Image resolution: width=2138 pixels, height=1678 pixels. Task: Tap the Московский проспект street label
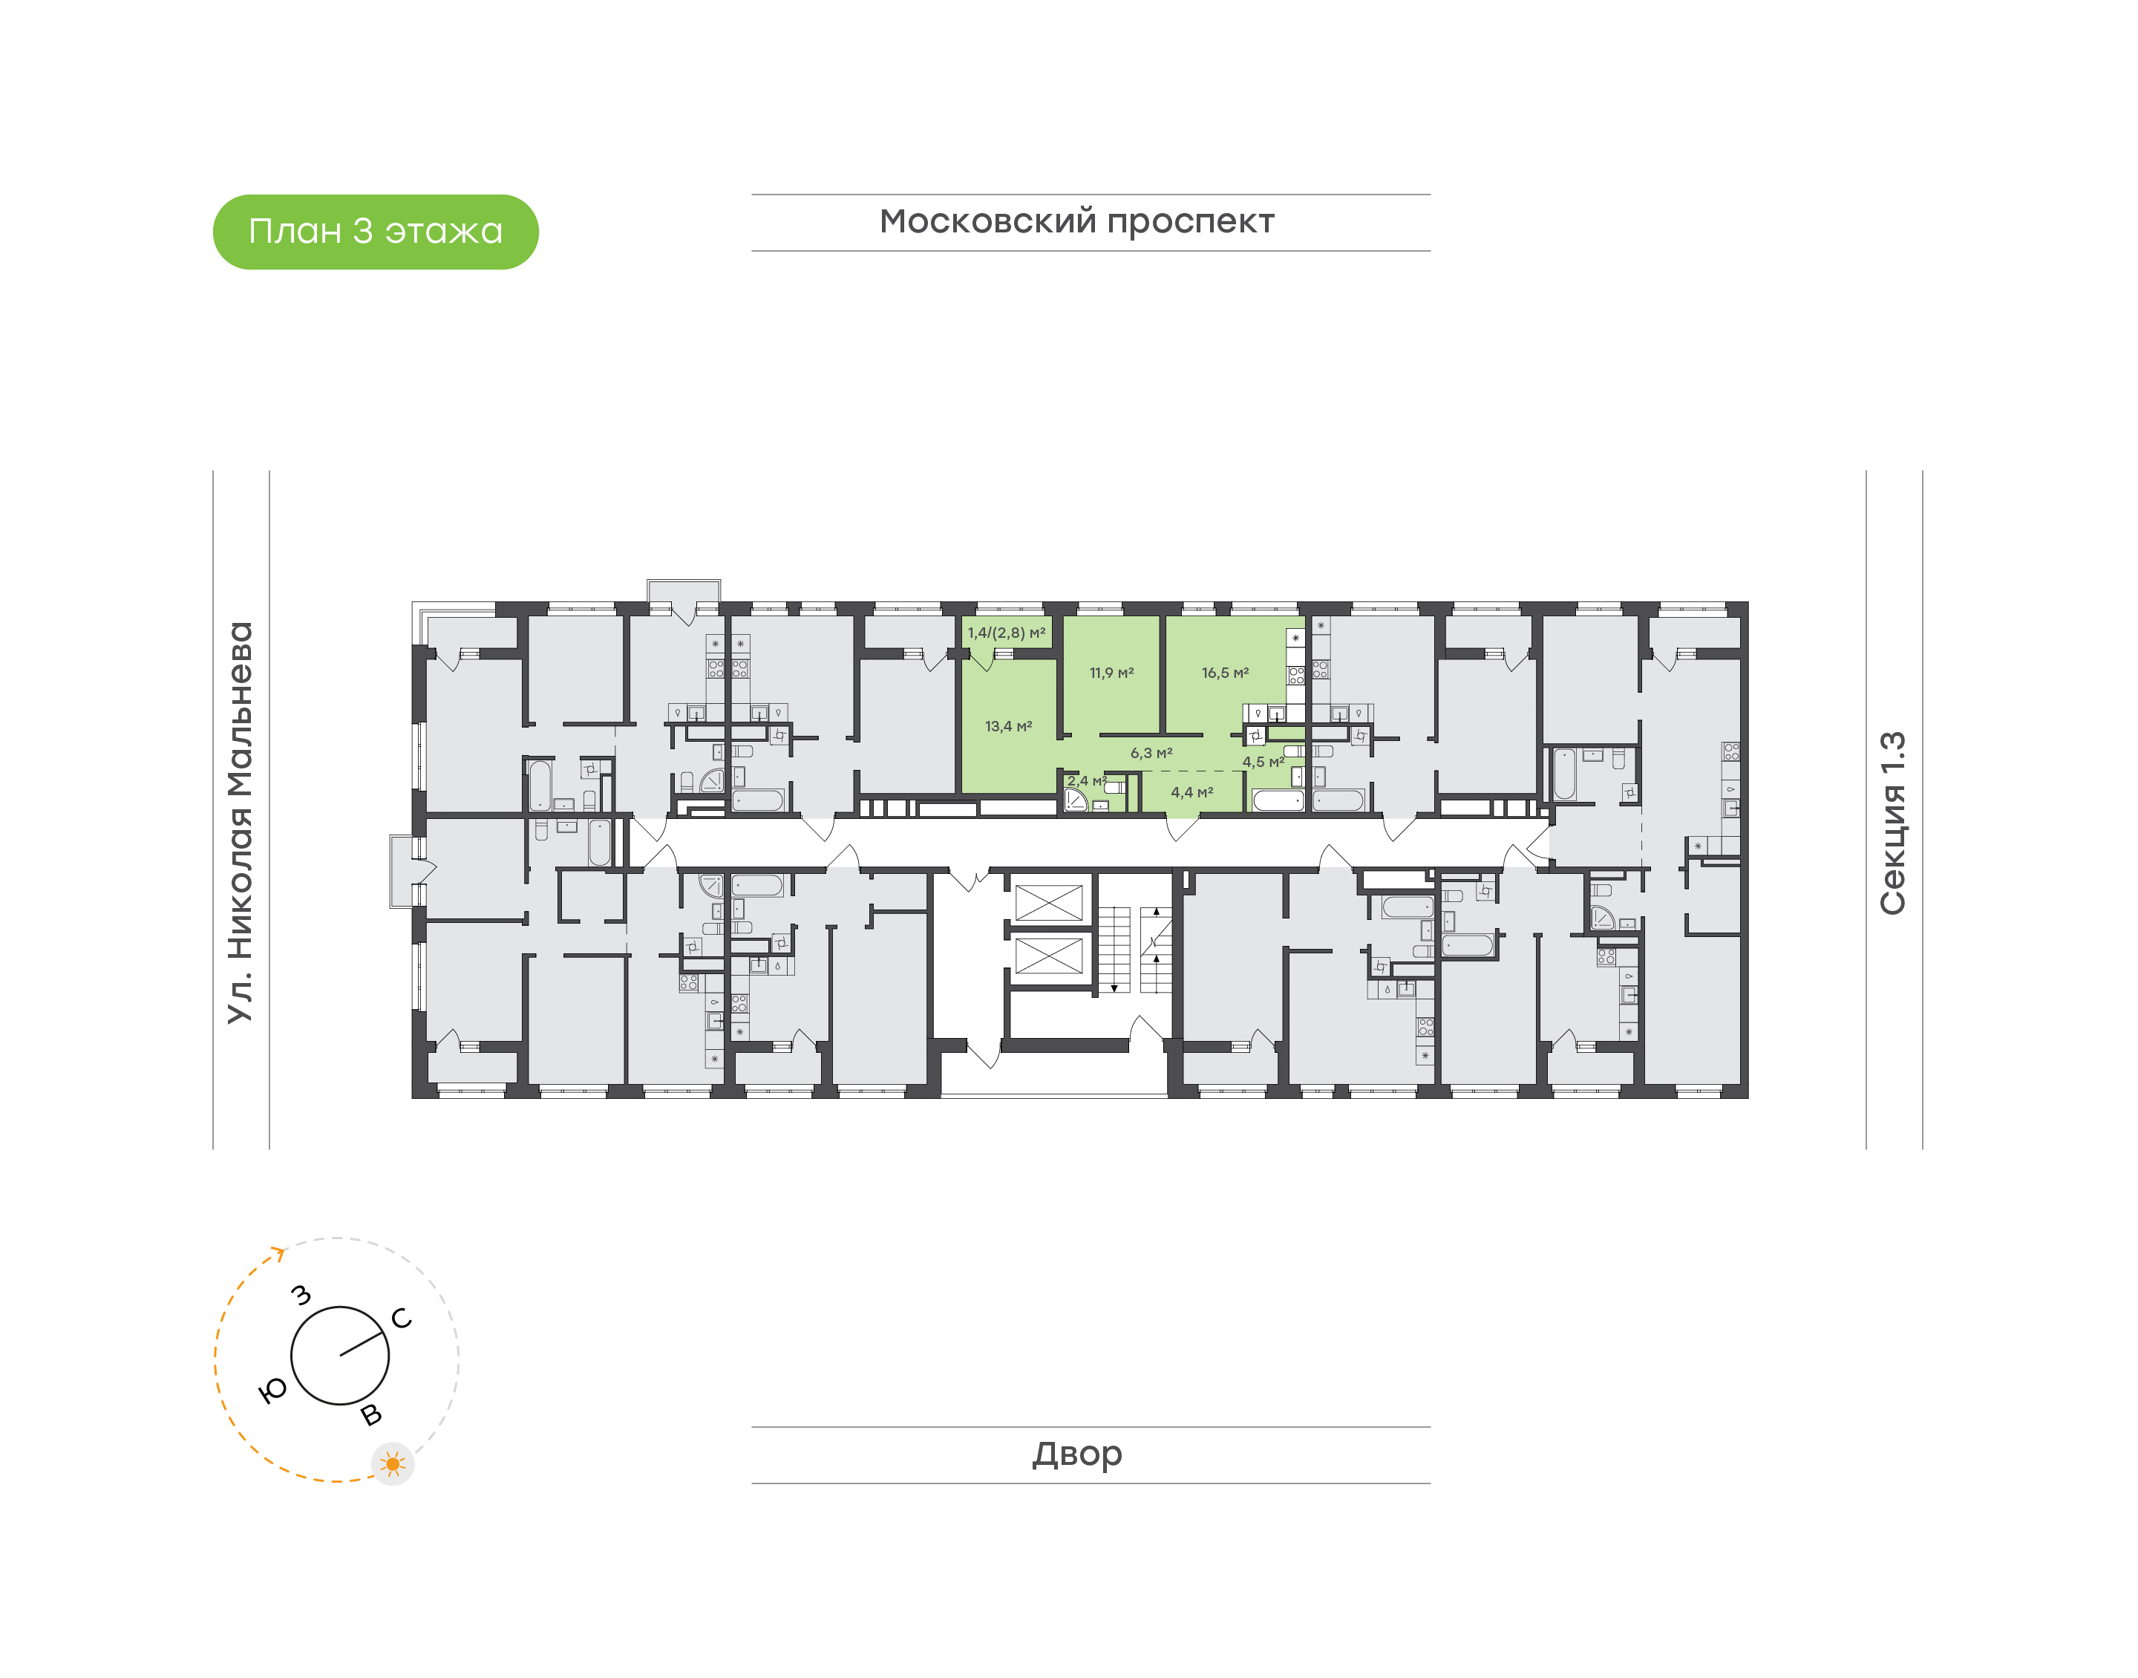(1076, 222)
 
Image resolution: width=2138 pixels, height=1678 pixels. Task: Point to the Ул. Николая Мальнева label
(240, 823)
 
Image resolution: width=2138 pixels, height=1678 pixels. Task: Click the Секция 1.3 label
(1892, 823)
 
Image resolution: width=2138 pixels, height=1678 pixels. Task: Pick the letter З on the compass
(301, 1295)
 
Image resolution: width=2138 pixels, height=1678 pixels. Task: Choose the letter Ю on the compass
(272, 1389)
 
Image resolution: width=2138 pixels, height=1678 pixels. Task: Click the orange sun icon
(393, 1464)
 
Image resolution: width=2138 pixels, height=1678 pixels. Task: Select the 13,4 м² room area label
(1009, 726)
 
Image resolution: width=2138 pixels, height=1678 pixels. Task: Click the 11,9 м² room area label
(1112, 673)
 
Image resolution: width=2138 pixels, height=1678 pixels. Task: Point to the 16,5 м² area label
(1226, 673)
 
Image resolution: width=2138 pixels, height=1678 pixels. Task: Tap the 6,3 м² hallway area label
(1151, 754)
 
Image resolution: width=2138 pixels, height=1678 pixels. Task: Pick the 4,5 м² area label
(1263, 761)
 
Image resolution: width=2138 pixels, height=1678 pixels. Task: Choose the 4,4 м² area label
(1192, 791)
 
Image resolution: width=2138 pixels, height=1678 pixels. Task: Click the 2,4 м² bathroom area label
(1087, 781)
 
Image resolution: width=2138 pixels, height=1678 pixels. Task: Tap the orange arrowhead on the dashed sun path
(279, 1253)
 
